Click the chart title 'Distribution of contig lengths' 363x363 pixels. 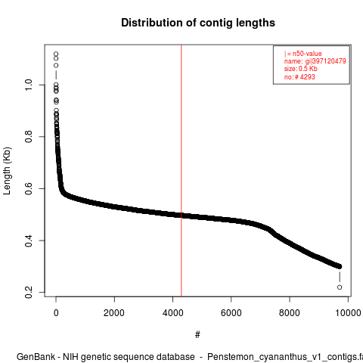(198, 23)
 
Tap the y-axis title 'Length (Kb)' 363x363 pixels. (7, 171)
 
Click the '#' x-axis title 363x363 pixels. (197, 335)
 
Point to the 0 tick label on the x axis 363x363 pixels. (56, 313)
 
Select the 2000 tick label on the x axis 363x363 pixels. (114, 313)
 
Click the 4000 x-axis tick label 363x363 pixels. (172, 313)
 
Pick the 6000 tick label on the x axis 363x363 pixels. (231, 313)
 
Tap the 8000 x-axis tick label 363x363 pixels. (290, 313)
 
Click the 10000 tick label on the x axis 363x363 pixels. (348, 313)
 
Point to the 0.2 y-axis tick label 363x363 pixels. (29, 292)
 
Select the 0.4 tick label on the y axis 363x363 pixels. (29, 240)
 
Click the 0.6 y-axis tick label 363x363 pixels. (29, 188)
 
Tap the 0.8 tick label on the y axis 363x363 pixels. (29, 137)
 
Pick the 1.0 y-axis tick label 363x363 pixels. (29, 85)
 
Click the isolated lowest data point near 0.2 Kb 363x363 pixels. (340, 287)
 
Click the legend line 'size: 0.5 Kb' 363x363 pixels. (300, 69)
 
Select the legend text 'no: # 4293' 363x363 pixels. (299, 76)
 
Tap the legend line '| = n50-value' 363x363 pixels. (302, 54)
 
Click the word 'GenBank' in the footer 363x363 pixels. (36, 357)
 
